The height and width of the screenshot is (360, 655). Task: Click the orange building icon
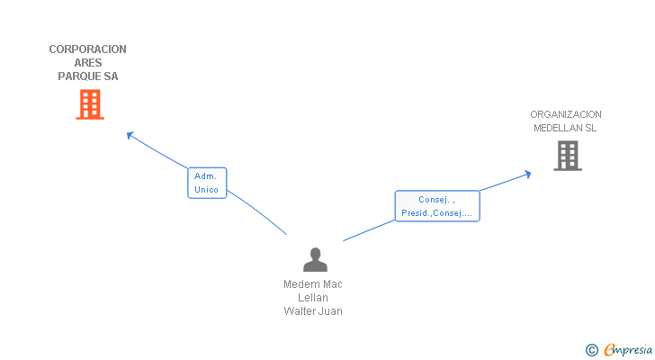coord(89,105)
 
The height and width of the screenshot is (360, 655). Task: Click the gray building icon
coord(567,156)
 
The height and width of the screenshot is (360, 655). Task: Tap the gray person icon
coord(315,260)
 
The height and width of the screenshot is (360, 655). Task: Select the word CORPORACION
coord(87,49)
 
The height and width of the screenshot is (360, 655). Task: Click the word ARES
coord(88,63)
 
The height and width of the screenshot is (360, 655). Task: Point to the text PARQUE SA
coord(88,76)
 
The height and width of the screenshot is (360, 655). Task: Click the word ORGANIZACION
coord(566,114)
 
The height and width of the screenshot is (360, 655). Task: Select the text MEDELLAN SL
coord(565,128)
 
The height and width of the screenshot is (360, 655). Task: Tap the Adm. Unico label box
coord(207,183)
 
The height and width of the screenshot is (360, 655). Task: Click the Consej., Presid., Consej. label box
coord(437,206)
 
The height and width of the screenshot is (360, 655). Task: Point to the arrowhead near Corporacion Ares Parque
coord(130,135)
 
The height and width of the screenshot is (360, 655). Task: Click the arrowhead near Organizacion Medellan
coord(528,173)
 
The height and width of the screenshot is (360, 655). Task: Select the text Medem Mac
coord(313,284)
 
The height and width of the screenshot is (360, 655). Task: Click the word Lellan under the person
coord(313,298)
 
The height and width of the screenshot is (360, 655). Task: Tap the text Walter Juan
coord(313,311)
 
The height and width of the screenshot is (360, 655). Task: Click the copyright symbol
coord(591,350)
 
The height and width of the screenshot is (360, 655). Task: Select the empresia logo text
coord(628,350)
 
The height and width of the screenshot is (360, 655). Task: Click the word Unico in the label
coord(207,190)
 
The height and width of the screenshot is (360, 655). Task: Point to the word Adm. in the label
coord(206,176)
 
